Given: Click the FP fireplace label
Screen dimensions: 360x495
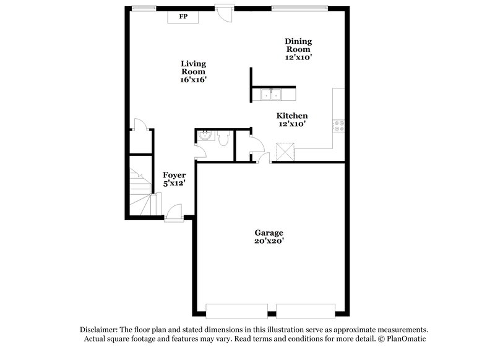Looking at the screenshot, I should click(x=183, y=17).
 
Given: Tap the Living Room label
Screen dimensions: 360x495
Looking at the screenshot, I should click(x=193, y=72).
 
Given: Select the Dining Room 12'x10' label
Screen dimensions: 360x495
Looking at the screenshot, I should click(x=298, y=49).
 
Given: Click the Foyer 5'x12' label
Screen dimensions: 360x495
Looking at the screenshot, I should click(x=174, y=179).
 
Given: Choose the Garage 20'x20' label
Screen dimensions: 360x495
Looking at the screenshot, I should click(x=269, y=237).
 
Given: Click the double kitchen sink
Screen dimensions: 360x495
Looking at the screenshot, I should click(x=272, y=95).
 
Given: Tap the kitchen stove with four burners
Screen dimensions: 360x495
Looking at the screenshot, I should click(x=339, y=126).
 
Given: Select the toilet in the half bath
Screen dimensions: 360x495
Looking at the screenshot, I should click(x=224, y=140).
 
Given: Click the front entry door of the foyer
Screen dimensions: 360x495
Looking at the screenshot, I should click(x=173, y=214).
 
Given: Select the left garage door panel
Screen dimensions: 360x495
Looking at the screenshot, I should click(x=237, y=310).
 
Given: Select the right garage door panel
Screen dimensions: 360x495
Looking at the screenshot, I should click(x=305, y=310).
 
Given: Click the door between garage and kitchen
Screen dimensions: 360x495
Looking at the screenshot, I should click(x=265, y=158).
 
